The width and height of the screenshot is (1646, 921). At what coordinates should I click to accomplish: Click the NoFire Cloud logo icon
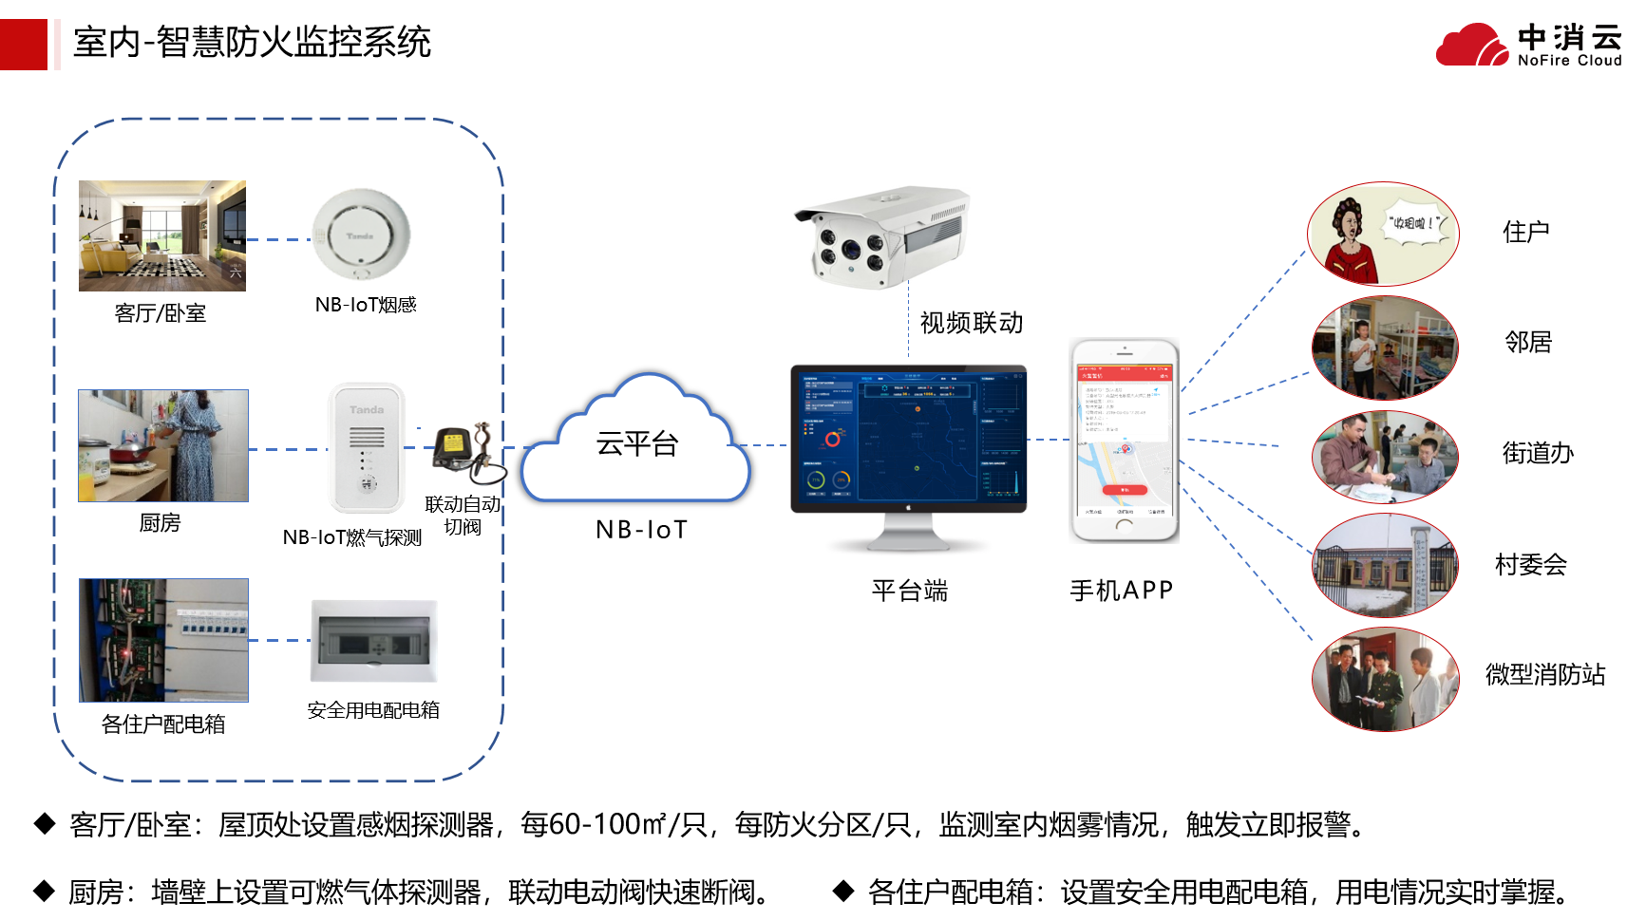pyautogui.click(x=1471, y=45)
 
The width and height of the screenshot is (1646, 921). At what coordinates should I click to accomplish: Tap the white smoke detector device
pyautogui.click(x=361, y=235)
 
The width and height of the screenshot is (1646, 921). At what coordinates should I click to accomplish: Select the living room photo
pyautogui.click(x=162, y=235)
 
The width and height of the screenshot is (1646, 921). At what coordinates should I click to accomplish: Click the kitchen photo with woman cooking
pyautogui.click(x=163, y=445)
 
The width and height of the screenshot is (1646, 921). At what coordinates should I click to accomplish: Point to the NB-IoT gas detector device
pyautogui.click(x=367, y=447)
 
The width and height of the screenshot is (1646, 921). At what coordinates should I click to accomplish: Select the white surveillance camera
pyautogui.click(x=880, y=235)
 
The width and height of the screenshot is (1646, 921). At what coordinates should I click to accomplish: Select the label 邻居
pyautogui.click(x=1528, y=342)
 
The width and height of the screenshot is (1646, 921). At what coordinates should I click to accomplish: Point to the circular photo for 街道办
pyautogui.click(x=1384, y=457)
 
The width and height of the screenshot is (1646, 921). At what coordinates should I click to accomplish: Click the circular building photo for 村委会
pyautogui.click(x=1384, y=566)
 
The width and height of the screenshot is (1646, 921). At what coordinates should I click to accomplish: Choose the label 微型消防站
pyautogui.click(x=1544, y=675)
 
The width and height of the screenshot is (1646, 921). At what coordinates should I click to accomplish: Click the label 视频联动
pyautogui.click(x=972, y=323)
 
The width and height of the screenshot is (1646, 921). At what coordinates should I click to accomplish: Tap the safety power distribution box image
pyautogui.click(x=374, y=641)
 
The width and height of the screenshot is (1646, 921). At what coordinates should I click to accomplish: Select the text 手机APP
pyautogui.click(x=1122, y=591)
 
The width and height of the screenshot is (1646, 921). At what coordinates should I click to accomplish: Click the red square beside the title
pyautogui.click(x=23, y=45)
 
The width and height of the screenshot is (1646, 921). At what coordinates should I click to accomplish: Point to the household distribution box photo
pyautogui.click(x=163, y=641)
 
